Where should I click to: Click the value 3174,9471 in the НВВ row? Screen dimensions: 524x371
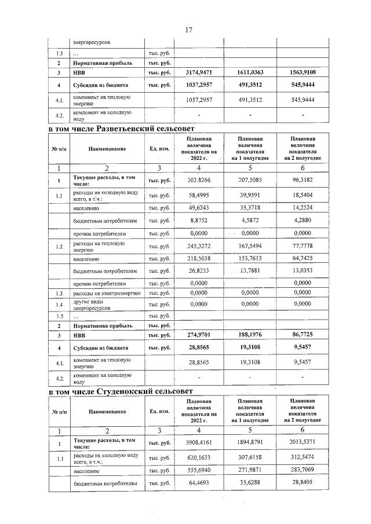198,73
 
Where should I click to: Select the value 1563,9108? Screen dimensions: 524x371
303,73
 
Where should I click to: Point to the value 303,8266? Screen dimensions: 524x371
198,180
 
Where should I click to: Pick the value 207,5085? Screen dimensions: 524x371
250,180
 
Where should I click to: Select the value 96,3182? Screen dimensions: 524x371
303,180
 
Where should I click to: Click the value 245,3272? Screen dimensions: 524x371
198,247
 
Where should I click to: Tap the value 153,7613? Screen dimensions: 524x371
250,258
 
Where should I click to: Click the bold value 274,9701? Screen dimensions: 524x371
198,335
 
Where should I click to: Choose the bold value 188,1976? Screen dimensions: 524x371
250,335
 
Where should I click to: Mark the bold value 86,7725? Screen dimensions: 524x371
303,335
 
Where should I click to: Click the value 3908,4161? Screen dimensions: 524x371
198,444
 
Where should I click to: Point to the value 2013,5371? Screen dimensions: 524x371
303,444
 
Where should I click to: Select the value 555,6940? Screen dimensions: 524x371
198,471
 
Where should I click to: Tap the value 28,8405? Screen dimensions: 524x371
303,482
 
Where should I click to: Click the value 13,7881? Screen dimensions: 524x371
250,270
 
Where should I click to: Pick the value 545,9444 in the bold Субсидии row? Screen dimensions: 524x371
303,86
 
